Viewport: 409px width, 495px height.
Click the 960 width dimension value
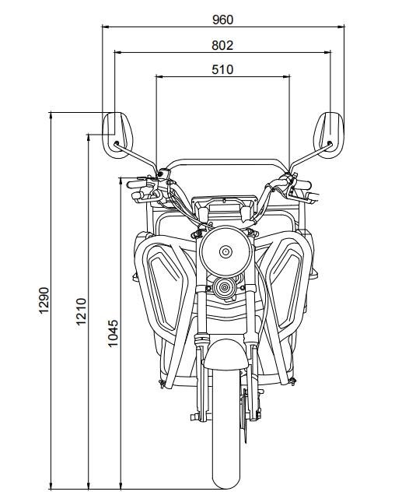click(223, 20)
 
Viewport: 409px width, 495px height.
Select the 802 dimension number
click(222, 45)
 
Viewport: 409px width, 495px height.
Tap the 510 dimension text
click(222, 69)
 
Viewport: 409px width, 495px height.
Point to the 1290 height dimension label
click(44, 300)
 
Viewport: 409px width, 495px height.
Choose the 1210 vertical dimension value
click(81, 311)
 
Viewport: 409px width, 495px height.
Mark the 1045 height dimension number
click(113, 333)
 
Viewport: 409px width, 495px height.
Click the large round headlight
click(225, 251)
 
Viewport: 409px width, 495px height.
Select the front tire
click(225, 427)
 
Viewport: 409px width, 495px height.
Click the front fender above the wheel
click(225, 354)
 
